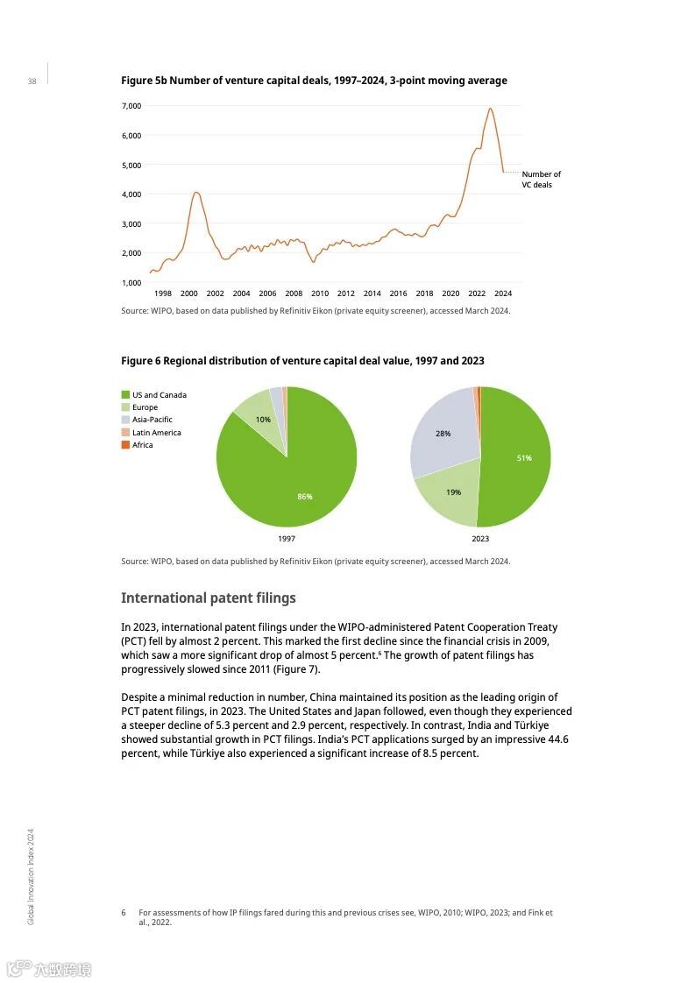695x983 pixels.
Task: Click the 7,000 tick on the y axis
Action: pyautogui.click(x=131, y=106)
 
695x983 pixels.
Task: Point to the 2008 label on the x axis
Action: pyautogui.click(x=294, y=293)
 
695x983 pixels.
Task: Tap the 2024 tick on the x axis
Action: pyautogui.click(x=503, y=293)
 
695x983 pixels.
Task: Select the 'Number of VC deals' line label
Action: pyautogui.click(x=541, y=180)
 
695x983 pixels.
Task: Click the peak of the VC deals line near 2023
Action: pyautogui.click(x=490, y=109)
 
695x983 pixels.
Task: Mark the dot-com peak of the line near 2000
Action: pyautogui.click(x=196, y=192)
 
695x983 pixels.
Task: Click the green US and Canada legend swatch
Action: pyautogui.click(x=125, y=395)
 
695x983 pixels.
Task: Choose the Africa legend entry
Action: pyautogui.click(x=142, y=445)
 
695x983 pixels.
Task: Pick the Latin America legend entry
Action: pyautogui.click(x=156, y=433)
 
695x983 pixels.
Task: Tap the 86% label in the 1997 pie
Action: pyautogui.click(x=304, y=497)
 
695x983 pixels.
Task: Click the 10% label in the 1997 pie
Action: pyautogui.click(x=263, y=420)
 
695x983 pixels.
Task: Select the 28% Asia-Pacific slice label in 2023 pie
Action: pyautogui.click(x=443, y=434)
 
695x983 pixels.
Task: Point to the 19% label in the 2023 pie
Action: pyautogui.click(x=453, y=492)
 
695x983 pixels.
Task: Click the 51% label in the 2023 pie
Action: pyautogui.click(x=523, y=457)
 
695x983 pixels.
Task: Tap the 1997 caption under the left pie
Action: pyautogui.click(x=287, y=539)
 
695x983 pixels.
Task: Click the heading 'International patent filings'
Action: pyautogui.click(x=209, y=598)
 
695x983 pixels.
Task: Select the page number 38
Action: pyautogui.click(x=32, y=81)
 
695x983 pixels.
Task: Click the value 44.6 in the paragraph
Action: pyautogui.click(x=557, y=739)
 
